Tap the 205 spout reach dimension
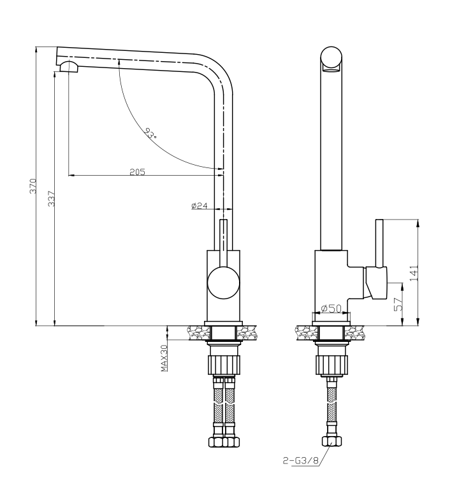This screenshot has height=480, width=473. pos(138,171)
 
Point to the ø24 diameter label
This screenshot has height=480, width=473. pos(199,205)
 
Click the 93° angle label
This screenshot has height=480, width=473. pos(151,133)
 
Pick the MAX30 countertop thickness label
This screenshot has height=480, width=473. pos(164,358)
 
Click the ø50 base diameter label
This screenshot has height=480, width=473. pos(331,309)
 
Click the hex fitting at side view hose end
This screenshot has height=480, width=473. pos(331,442)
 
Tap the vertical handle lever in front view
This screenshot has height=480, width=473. pos(223,242)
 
